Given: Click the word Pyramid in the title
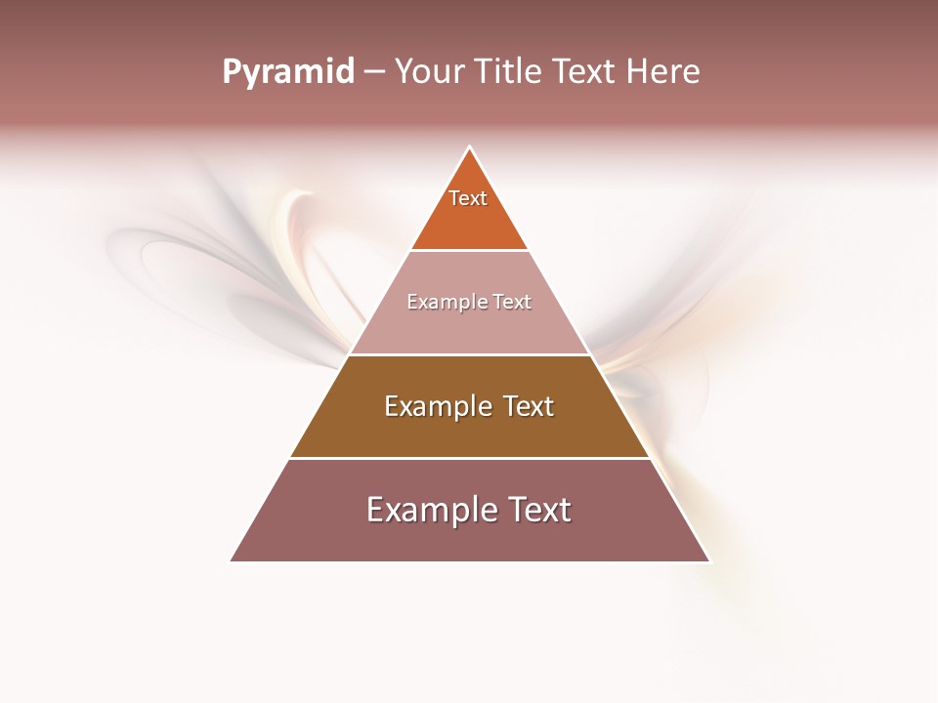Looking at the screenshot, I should [x=287, y=72].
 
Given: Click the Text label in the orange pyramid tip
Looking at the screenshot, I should [x=468, y=198].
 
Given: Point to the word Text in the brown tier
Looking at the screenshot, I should [x=529, y=406].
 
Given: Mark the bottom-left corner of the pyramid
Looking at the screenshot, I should [x=231, y=561].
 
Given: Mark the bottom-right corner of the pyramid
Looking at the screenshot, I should [x=709, y=561].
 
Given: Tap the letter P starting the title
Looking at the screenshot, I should [x=231, y=72].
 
